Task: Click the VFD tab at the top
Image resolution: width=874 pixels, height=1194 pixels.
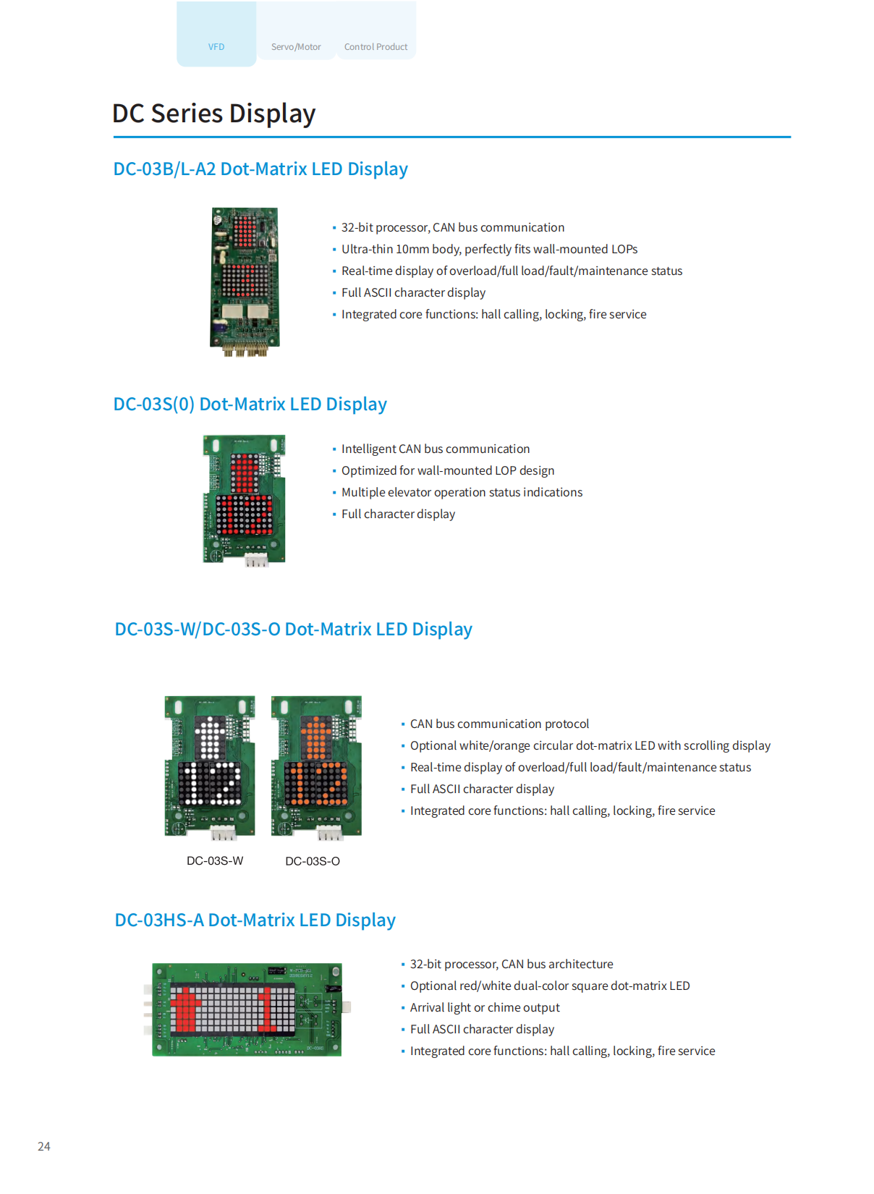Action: pos(216,46)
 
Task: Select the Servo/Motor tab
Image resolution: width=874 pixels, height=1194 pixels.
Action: pos(296,46)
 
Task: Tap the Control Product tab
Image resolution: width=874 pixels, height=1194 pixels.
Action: pos(376,46)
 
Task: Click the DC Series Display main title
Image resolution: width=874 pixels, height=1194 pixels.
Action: pos(214,114)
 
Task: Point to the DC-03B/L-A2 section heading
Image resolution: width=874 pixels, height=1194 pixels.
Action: pos(260,169)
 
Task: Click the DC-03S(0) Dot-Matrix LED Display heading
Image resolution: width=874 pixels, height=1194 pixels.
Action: pos(250,404)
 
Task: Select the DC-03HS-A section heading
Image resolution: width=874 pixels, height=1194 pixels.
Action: pos(255,920)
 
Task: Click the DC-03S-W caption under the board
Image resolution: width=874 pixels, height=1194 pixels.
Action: pos(215,861)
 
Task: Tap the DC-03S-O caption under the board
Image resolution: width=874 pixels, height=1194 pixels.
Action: pos(313,861)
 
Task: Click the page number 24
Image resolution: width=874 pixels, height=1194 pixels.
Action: pos(44,1146)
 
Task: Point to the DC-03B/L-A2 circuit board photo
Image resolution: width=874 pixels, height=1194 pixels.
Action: pos(245,281)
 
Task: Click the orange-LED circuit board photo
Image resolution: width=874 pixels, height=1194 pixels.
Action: pos(316,767)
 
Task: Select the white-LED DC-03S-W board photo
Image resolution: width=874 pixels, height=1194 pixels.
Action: pos(210,767)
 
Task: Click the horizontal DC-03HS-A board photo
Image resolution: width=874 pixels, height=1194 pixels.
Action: pos(247,1009)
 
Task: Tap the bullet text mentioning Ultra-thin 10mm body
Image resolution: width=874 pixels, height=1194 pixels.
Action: pos(489,249)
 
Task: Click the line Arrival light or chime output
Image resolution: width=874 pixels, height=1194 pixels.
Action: pos(485,1007)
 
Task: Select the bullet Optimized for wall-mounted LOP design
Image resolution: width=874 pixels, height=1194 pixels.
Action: pos(448,470)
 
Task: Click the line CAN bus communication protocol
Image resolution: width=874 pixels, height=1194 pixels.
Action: pos(499,724)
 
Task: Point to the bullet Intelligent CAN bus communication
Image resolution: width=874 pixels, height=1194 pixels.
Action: pos(436,449)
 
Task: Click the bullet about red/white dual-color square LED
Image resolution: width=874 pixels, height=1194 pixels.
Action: pos(550,986)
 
